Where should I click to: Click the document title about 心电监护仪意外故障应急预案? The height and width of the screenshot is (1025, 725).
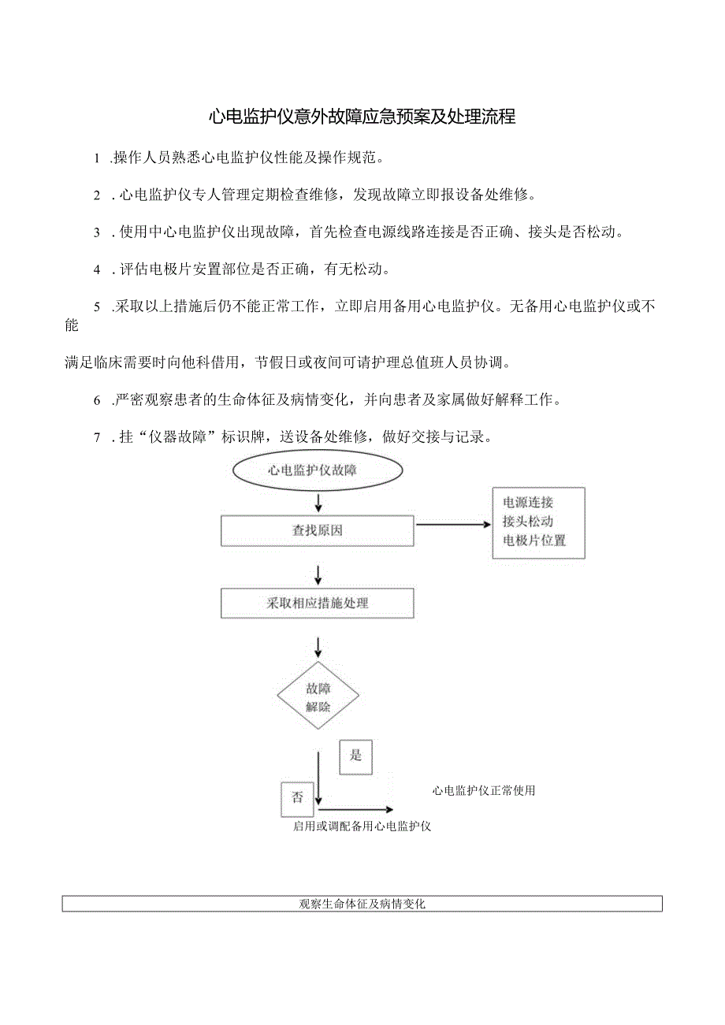point(362,117)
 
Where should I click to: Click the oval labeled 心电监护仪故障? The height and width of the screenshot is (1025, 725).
point(318,470)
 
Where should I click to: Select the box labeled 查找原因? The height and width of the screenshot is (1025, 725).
point(318,530)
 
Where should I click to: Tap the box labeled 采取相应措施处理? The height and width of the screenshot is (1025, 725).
point(318,603)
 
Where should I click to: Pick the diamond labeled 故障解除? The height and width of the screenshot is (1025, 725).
point(318,696)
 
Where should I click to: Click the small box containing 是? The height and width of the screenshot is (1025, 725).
point(355,756)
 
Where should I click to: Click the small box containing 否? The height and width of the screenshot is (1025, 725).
point(297,798)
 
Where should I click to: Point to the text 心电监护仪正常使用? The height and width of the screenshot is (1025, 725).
point(484,790)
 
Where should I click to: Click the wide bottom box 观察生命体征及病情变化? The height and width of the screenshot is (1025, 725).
point(362,904)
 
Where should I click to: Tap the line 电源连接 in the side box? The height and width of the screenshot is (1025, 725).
point(528,503)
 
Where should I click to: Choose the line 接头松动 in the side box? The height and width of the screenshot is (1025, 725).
point(528,522)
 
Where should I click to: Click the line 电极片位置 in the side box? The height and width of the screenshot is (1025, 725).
point(534,540)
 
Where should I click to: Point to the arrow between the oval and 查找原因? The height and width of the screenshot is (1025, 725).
point(318,501)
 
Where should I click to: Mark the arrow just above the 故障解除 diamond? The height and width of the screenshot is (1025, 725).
point(318,647)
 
